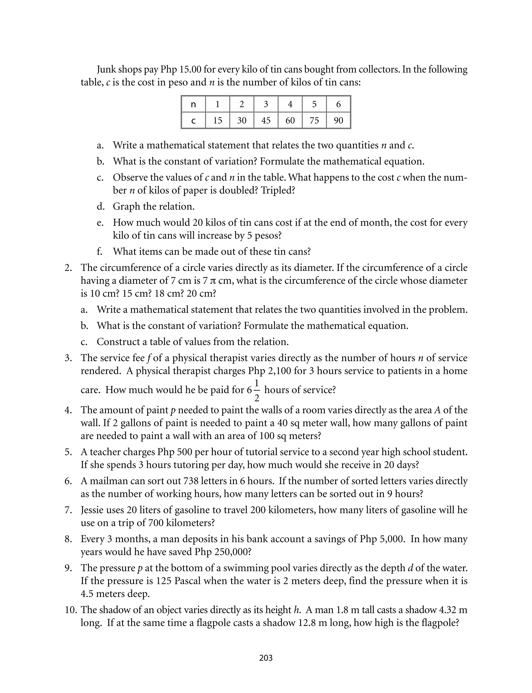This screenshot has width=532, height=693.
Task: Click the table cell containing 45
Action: click(x=266, y=120)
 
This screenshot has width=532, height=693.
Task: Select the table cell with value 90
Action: click(x=338, y=120)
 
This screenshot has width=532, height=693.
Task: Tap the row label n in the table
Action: click(x=194, y=104)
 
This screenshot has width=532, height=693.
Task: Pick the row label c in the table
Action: click(x=194, y=120)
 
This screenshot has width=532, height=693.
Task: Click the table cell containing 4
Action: click(x=290, y=104)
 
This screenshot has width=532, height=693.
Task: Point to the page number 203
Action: click(x=266, y=658)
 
